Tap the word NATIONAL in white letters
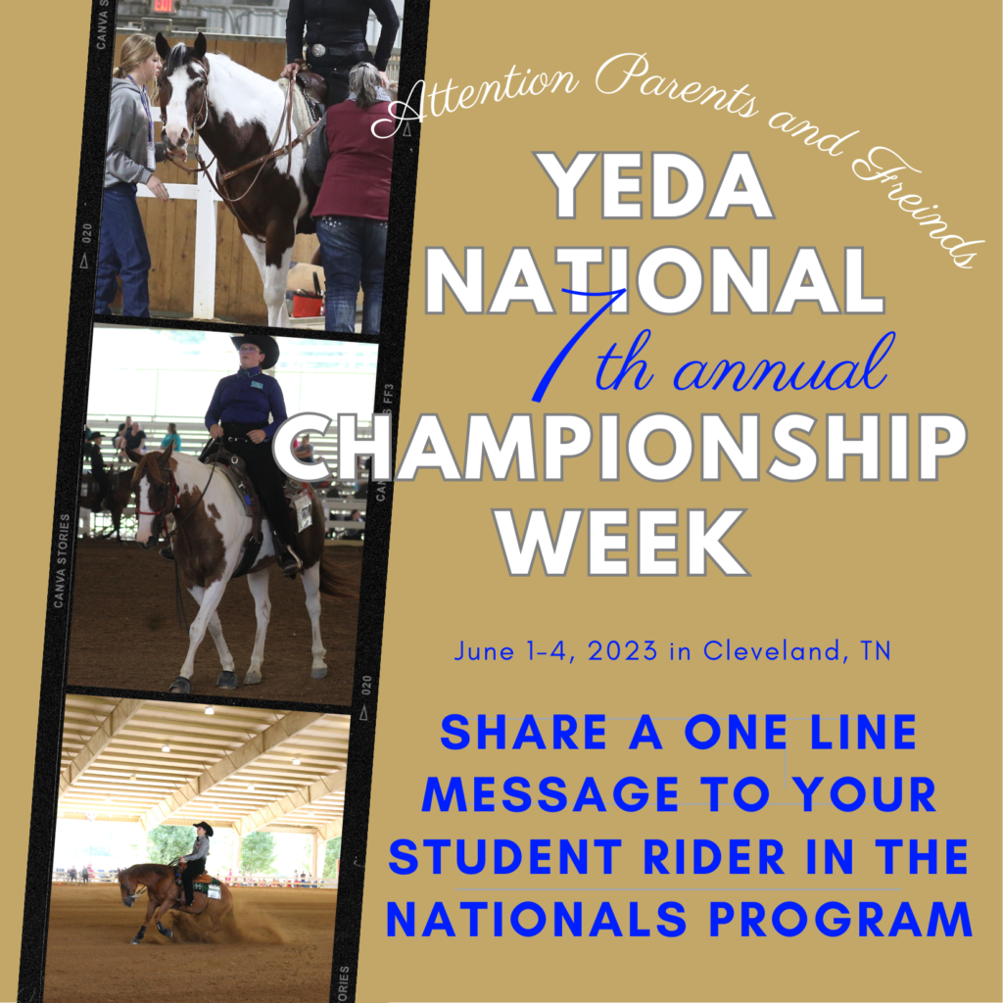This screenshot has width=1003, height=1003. click(x=655, y=280)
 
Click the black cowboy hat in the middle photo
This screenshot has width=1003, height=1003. click(x=256, y=344)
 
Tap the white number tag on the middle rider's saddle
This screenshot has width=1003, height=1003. click(x=304, y=510)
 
